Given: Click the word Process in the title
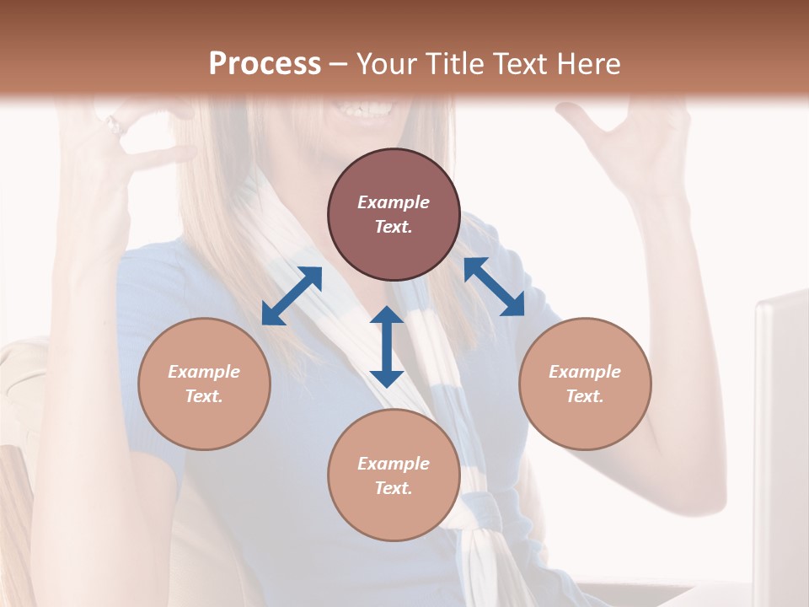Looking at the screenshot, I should click(x=265, y=64).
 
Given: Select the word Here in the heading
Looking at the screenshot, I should click(x=589, y=64).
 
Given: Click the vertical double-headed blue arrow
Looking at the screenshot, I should click(x=387, y=346).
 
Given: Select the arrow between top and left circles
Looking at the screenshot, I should click(x=292, y=295).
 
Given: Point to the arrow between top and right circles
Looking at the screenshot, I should click(x=494, y=287).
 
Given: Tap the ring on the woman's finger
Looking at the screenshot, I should click(x=114, y=126).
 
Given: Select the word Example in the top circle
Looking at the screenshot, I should click(x=394, y=202).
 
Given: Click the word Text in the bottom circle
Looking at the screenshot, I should click(x=394, y=488).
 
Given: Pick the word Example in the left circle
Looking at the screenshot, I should click(x=204, y=372).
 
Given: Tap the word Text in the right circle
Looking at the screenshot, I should click(x=585, y=396).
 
